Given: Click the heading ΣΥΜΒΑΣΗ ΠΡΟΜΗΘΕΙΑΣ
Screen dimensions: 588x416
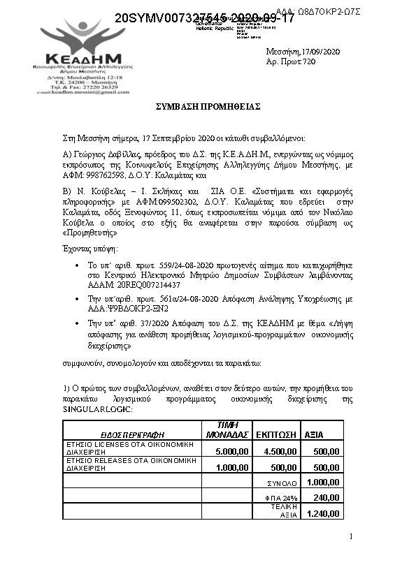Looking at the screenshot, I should (208, 105).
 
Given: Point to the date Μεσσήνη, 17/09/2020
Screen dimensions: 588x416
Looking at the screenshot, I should (303, 52).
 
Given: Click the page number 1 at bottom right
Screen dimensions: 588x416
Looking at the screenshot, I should (350, 536).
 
